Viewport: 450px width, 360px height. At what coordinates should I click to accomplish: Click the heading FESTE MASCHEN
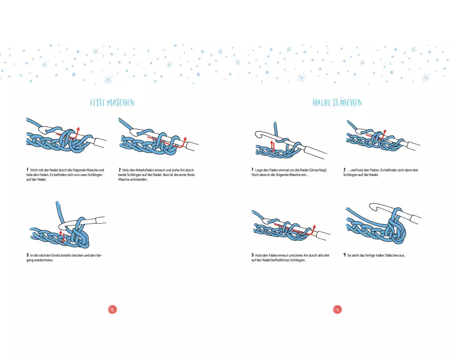click(112, 103)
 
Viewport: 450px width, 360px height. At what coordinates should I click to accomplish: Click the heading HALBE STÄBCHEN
click(337, 103)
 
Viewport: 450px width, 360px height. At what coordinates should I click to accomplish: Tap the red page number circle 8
click(112, 310)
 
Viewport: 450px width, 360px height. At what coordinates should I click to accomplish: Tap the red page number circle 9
click(337, 310)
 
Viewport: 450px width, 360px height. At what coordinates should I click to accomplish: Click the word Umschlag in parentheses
click(318, 170)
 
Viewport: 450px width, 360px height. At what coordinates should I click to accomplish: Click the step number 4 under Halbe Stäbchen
click(344, 255)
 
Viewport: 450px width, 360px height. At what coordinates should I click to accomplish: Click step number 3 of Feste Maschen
click(27, 255)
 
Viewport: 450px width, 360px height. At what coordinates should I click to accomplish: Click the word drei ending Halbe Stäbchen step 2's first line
click(415, 170)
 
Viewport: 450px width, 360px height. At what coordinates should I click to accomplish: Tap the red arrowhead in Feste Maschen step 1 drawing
click(78, 128)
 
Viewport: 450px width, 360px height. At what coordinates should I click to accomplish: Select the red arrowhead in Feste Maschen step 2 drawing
click(185, 139)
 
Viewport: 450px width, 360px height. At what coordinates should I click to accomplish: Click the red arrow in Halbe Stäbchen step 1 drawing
click(272, 146)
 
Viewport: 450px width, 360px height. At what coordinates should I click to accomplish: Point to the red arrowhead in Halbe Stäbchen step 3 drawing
click(314, 227)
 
